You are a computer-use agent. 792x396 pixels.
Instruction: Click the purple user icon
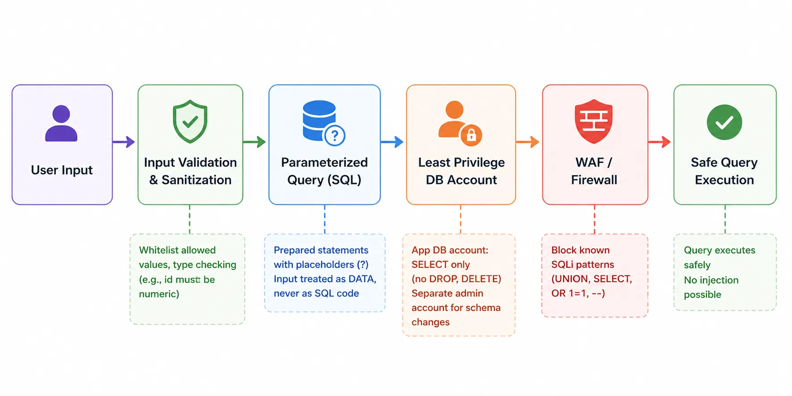pos(61,124)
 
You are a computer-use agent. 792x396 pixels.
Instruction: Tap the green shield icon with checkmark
pos(190,121)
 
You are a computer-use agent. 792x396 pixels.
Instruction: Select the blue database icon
pos(319,120)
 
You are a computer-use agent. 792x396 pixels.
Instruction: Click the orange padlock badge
pos(471,135)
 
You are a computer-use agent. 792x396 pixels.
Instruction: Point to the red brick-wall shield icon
pos(594,121)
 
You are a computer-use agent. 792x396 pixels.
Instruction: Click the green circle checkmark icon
pos(724,122)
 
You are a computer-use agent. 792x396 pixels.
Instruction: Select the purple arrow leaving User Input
pos(124,142)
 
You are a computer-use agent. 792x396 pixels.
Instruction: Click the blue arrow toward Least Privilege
pos(392,142)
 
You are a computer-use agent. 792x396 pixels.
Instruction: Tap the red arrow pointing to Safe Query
pos(659,142)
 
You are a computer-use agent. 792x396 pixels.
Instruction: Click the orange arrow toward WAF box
pos(528,142)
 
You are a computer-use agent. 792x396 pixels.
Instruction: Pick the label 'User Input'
pos(62,170)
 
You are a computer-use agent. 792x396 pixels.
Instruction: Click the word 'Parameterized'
pos(324,163)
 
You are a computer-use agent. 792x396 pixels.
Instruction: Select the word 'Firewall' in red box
pos(594,180)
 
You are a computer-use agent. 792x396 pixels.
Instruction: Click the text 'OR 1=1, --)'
pos(578,293)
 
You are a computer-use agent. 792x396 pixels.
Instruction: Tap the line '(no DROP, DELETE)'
pos(456,279)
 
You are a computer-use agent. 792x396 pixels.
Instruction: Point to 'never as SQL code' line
pos(316,293)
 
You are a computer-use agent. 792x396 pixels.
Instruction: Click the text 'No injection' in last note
pos(711,280)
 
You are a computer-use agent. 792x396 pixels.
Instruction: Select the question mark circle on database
pos(335,135)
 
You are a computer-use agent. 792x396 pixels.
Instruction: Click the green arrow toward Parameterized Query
pos(254,142)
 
